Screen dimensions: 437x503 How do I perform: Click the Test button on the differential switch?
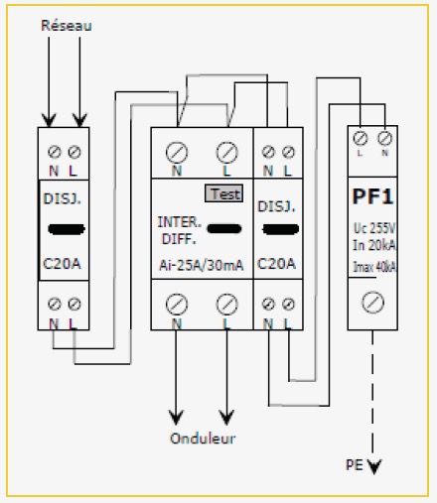pyautogui.click(x=223, y=193)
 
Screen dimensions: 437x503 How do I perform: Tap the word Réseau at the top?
pyautogui.click(x=67, y=26)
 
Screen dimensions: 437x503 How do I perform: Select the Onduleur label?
pyautogui.click(x=203, y=439)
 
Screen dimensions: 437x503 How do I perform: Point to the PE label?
pyautogui.click(x=355, y=465)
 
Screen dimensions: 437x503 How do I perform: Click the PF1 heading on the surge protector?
pyautogui.click(x=372, y=196)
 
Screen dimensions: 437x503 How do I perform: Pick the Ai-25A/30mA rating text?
pyautogui.click(x=202, y=265)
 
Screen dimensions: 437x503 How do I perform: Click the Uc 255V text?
pyautogui.click(x=374, y=228)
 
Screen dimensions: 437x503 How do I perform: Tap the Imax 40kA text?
pyautogui.click(x=374, y=267)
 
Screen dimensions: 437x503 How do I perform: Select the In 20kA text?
pyautogui.click(x=374, y=245)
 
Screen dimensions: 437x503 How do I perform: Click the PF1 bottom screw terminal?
pyautogui.click(x=373, y=303)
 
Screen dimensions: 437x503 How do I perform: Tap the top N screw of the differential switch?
pyautogui.click(x=177, y=153)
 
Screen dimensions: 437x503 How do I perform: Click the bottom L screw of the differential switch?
pyautogui.click(x=226, y=304)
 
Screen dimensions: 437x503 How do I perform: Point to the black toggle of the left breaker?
pyautogui.click(x=67, y=229)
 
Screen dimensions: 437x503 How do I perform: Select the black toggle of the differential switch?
pyautogui.click(x=224, y=228)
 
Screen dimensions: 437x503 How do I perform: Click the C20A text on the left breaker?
pyautogui.click(x=62, y=264)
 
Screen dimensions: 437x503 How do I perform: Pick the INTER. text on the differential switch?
pyautogui.click(x=180, y=222)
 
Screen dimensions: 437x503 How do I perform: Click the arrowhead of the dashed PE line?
pyautogui.click(x=374, y=466)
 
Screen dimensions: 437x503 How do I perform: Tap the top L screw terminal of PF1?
pyautogui.click(x=361, y=138)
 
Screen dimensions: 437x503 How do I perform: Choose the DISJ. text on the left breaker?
pyautogui.click(x=63, y=198)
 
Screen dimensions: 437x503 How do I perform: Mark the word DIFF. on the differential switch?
pyautogui.click(x=179, y=239)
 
